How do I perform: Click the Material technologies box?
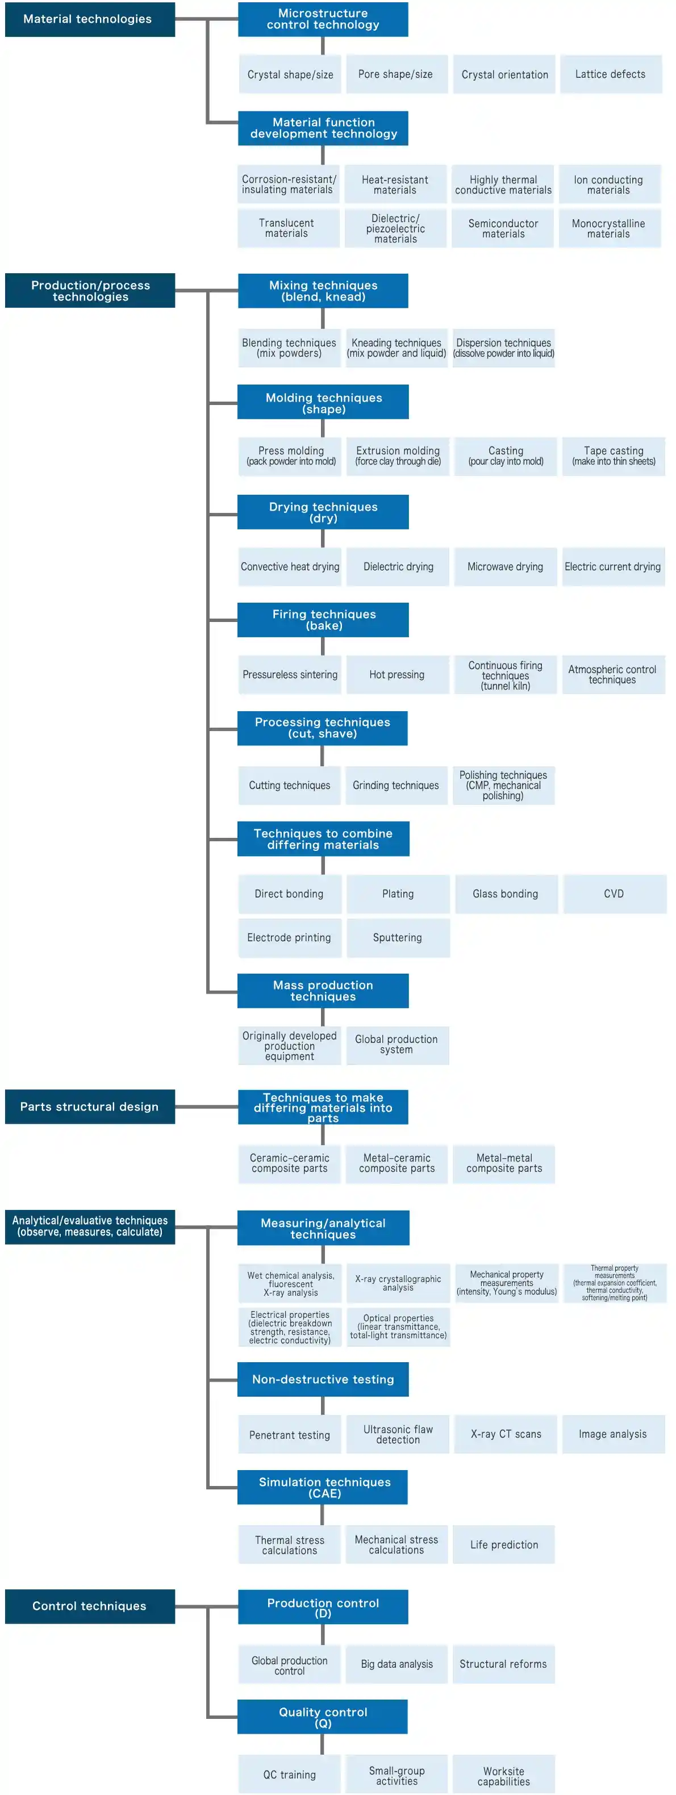pyautogui.click(x=89, y=19)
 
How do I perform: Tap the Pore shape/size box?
pyautogui.click(x=395, y=74)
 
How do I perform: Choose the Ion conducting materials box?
pyautogui.click(x=608, y=185)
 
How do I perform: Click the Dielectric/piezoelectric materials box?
pyautogui.click(x=395, y=228)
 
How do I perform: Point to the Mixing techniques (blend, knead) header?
pyautogui.click(x=323, y=291)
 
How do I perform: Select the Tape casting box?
pyautogui.click(x=614, y=456)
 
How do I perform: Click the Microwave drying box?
pyautogui.click(x=504, y=566)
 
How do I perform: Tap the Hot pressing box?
pyautogui.click(x=397, y=674)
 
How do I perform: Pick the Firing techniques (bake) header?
pyautogui.click(x=323, y=620)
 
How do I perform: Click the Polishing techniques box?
pyautogui.click(x=503, y=785)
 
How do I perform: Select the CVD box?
pyautogui.click(x=614, y=894)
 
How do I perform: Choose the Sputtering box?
pyautogui.click(x=397, y=937)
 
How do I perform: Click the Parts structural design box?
pyautogui.click(x=89, y=1107)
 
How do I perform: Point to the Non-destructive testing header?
pyautogui.click(x=323, y=1379)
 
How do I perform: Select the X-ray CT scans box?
pyautogui.click(x=505, y=1434)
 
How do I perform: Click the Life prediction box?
pyautogui.click(x=504, y=1545)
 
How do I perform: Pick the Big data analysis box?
pyautogui.click(x=397, y=1664)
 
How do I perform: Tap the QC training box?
pyautogui.click(x=289, y=1774)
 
